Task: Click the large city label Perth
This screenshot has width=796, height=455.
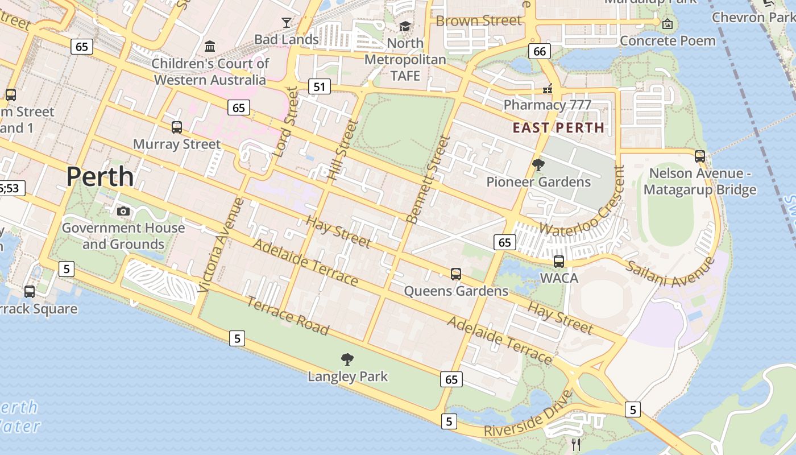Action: click(100, 177)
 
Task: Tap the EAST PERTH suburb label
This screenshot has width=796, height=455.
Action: click(558, 127)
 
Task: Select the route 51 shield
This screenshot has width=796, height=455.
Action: click(320, 86)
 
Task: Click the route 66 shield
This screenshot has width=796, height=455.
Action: click(539, 51)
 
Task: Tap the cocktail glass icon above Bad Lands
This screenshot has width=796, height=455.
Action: click(286, 23)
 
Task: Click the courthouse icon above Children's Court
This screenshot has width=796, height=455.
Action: click(210, 45)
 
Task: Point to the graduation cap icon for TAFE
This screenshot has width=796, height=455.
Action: click(405, 26)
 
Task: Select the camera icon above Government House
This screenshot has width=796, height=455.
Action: click(123, 212)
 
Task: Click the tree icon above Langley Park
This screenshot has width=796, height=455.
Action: click(347, 359)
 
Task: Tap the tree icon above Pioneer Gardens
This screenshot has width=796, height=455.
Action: click(538, 165)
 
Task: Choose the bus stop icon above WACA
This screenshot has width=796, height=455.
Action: click(559, 262)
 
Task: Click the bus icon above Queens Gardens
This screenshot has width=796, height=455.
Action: click(455, 274)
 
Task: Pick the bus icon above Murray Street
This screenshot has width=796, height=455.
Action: click(176, 127)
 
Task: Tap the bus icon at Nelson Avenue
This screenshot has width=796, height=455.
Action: click(699, 156)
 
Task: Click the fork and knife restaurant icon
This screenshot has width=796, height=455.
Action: click(576, 444)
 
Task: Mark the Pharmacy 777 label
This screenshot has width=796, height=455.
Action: click(548, 105)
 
